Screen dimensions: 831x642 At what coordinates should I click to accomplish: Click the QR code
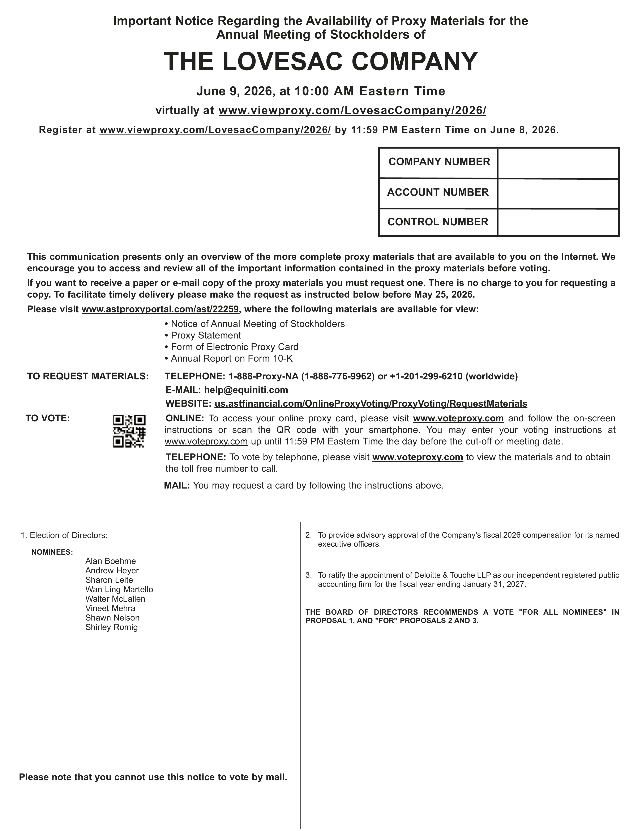129,431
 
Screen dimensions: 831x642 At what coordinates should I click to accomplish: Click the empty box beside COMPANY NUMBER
558,163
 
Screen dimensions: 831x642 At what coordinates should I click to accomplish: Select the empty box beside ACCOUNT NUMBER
558,193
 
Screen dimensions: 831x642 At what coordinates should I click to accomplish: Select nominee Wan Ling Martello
119,589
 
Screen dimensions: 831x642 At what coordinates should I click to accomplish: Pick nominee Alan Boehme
110,561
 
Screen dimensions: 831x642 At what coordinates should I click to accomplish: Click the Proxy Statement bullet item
206,335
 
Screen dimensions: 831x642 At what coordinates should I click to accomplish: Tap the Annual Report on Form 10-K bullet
232,358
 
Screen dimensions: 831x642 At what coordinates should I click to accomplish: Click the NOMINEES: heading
52,552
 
